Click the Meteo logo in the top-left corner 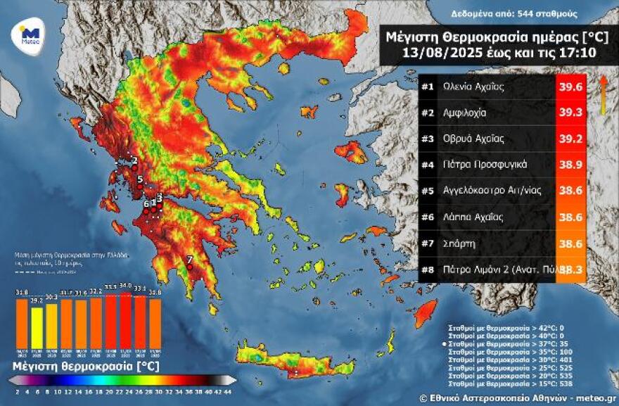30,32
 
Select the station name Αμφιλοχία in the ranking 465,113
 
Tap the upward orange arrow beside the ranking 603,95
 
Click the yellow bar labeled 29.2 37,326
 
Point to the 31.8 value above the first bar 22,292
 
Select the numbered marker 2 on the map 134,160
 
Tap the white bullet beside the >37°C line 443,344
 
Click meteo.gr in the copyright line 594,398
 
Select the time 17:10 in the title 577,53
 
